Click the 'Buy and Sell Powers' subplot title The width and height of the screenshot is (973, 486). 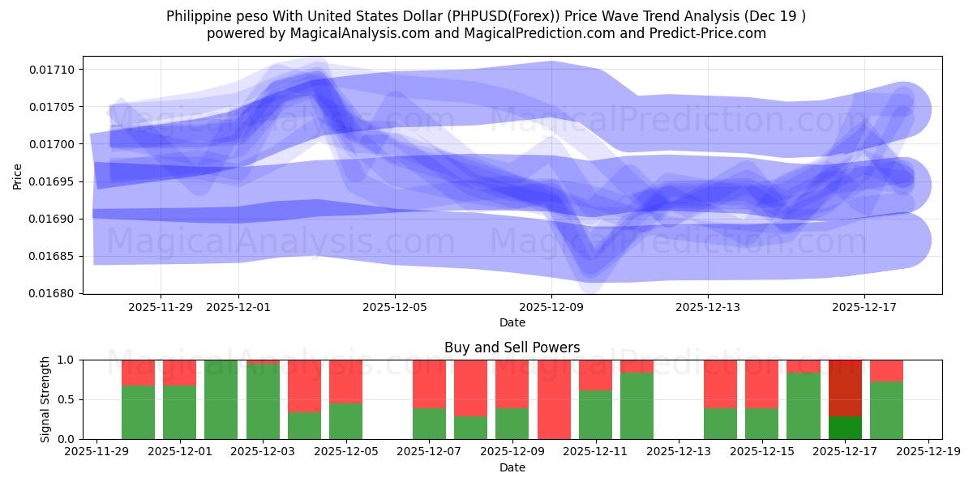click(512, 347)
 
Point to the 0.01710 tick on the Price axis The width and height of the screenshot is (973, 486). click(56, 70)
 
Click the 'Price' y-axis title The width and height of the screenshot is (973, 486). click(18, 175)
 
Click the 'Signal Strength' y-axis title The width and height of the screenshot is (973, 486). click(45, 399)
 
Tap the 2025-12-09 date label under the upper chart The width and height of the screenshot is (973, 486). click(551, 307)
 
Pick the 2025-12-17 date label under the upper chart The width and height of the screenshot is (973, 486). click(864, 307)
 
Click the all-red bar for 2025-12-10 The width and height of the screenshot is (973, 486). click(554, 399)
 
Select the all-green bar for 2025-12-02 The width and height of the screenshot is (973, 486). click(221, 399)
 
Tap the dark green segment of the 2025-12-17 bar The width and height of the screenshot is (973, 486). click(844, 428)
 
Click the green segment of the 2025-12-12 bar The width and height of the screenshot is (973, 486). click(637, 406)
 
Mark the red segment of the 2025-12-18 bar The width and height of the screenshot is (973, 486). click(886, 370)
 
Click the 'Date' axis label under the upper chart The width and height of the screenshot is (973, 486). click(512, 322)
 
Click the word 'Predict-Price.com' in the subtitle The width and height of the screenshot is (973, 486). click(710, 33)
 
